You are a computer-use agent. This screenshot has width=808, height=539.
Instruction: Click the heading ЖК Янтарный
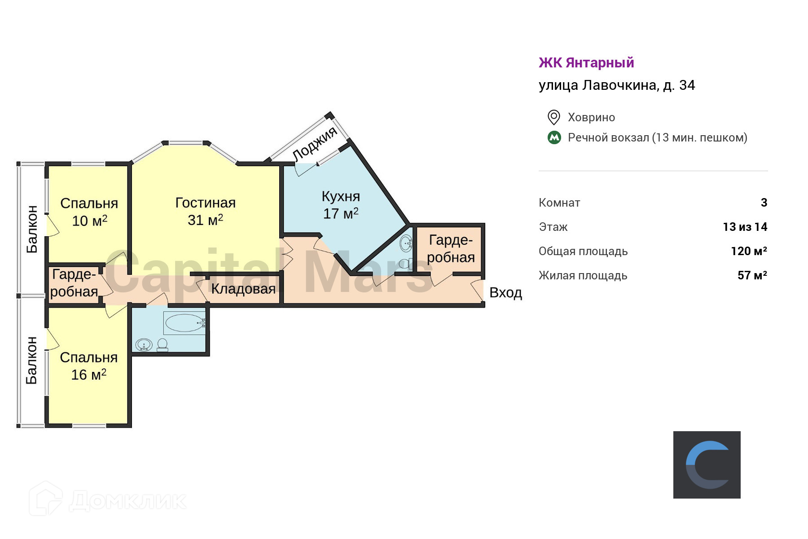(586, 63)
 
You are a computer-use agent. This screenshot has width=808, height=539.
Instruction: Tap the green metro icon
(554, 137)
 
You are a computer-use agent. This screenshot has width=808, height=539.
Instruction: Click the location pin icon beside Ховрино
(554, 117)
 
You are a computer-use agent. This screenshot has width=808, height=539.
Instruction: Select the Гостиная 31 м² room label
(205, 211)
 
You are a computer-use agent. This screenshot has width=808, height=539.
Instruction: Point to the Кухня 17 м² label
(341, 205)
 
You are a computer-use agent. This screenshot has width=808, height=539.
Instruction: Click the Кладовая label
(243, 289)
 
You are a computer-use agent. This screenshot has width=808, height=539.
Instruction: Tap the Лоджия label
(315, 143)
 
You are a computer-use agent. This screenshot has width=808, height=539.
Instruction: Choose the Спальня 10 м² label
(89, 212)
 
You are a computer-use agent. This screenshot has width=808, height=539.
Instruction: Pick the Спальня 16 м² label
(89, 366)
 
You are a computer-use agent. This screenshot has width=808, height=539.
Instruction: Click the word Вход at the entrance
(505, 293)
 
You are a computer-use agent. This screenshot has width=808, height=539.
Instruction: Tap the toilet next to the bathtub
(162, 345)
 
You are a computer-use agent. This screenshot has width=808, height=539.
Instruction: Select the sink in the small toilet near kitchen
(406, 244)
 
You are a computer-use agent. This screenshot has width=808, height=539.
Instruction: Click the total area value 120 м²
(749, 251)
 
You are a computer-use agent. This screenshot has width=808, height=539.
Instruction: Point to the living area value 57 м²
(752, 275)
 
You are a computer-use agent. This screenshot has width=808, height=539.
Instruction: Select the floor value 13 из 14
(745, 227)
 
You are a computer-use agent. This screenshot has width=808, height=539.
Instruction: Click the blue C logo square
(707, 464)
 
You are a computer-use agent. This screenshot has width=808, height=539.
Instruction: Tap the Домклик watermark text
(128, 501)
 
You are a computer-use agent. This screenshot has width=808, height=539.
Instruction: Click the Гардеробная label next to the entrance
(451, 248)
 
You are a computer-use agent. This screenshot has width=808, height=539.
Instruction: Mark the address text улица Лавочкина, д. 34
(617, 85)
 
